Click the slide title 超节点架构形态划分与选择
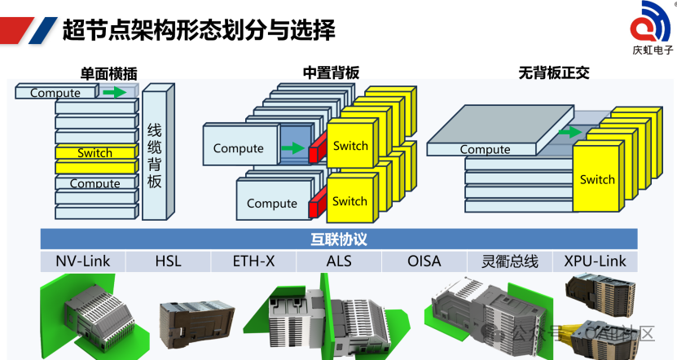point(199,31)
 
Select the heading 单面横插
point(107,72)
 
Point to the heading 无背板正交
point(553,72)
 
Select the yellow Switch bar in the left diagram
point(95,153)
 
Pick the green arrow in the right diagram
point(570,132)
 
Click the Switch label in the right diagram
point(597,179)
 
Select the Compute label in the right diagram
point(485,149)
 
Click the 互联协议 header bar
point(339,239)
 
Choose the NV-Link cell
point(83,261)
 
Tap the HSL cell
point(168,261)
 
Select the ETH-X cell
point(253,261)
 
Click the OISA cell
point(424,261)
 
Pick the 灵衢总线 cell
point(509,261)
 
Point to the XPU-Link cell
point(596,261)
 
